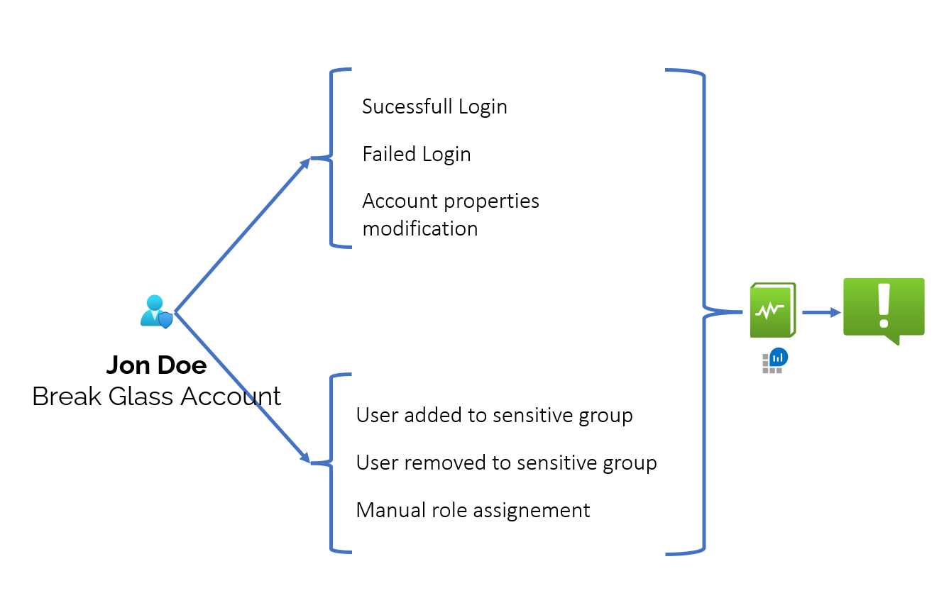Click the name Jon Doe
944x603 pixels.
(x=156, y=365)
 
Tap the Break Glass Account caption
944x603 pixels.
(x=156, y=396)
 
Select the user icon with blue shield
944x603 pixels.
(x=156, y=311)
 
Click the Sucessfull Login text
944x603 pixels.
(x=434, y=106)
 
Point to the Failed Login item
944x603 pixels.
(x=417, y=154)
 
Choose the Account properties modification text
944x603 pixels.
(x=450, y=214)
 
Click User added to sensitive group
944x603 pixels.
(x=494, y=415)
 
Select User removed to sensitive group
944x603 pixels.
(x=506, y=463)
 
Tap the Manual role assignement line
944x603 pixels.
(x=473, y=510)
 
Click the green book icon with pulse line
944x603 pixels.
(x=772, y=310)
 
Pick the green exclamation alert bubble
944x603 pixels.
(x=884, y=308)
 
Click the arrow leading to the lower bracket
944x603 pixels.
(x=241, y=387)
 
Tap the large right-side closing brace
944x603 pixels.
(x=703, y=311)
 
